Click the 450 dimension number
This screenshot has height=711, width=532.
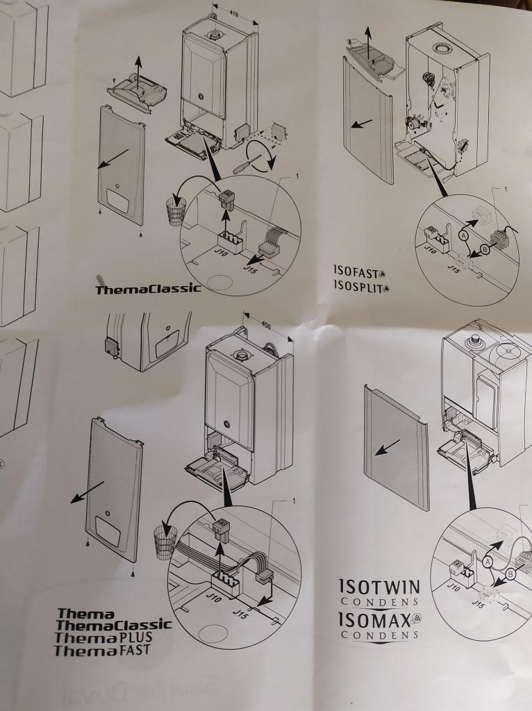[x=266, y=324]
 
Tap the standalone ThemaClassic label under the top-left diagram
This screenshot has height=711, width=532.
[x=148, y=288]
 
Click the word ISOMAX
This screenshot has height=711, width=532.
[x=374, y=619]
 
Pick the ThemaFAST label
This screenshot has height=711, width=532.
[x=101, y=651]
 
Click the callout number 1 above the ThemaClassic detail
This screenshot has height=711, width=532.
[x=297, y=177]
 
